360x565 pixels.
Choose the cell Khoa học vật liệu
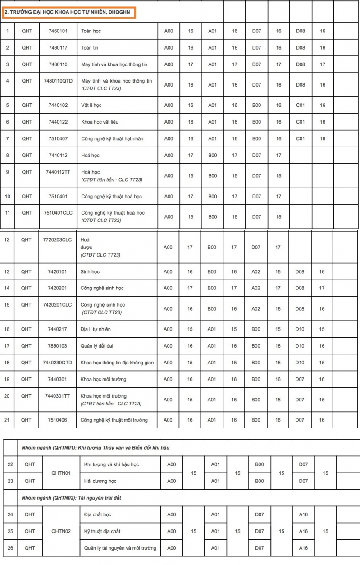pyautogui.click(x=100, y=122)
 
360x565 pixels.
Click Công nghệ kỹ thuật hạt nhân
pyautogui.click(x=112, y=138)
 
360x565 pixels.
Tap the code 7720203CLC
pyautogui.click(x=57, y=239)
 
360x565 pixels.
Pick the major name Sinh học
pyautogui.click(x=90, y=272)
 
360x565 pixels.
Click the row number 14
pyautogui.click(x=7, y=288)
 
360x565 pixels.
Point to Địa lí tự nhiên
pyautogui.click(x=96, y=329)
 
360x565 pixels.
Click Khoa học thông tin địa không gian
pyautogui.click(x=117, y=363)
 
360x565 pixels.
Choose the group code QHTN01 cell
pyautogui.click(x=61, y=473)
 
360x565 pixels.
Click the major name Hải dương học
pyautogui.click(x=100, y=481)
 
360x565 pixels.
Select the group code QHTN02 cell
pyautogui.click(x=61, y=531)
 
